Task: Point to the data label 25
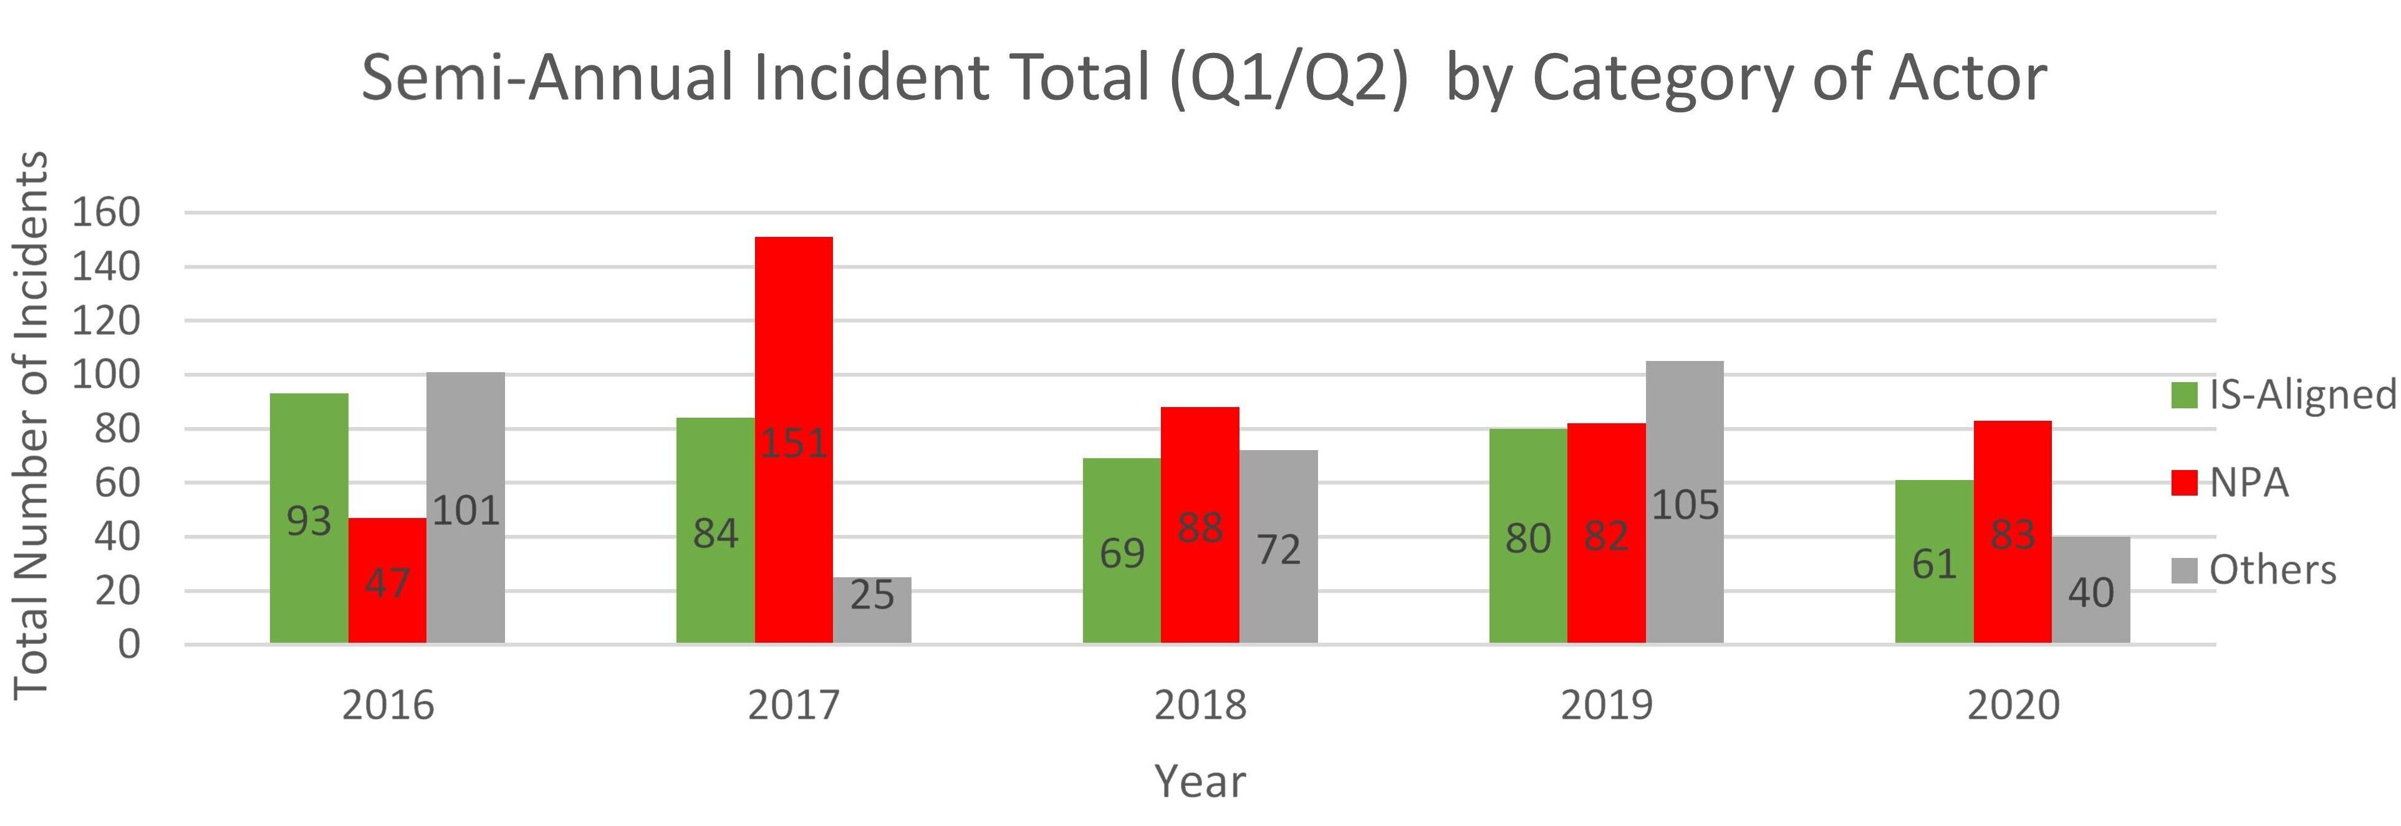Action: point(872,595)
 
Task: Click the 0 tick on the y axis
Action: point(128,644)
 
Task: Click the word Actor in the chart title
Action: point(1966,79)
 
